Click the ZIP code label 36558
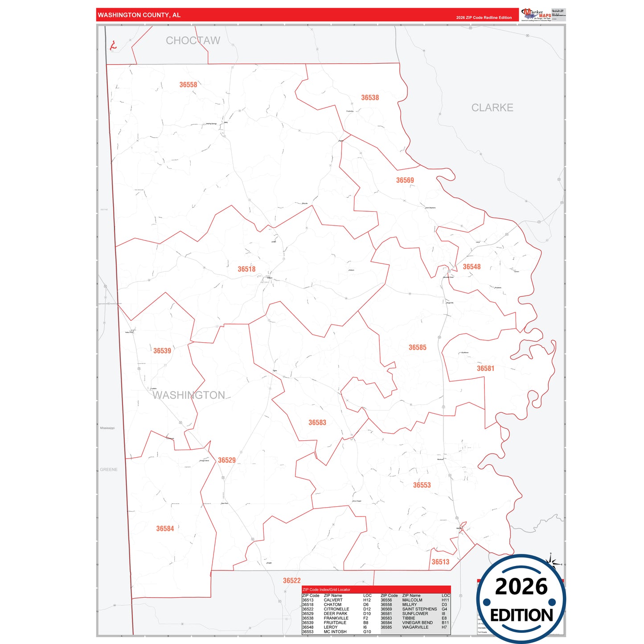click(188, 85)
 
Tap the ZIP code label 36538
click(370, 98)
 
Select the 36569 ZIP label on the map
click(405, 180)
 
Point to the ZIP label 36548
click(472, 267)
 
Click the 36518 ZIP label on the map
click(246, 269)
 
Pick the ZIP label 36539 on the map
click(162, 351)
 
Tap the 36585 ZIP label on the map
click(418, 347)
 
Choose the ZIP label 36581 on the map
click(485, 368)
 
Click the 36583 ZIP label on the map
click(317, 422)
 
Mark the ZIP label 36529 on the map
click(227, 460)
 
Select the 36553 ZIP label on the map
click(422, 485)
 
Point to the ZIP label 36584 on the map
click(165, 528)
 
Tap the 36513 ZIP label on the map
click(440, 562)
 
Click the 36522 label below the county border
click(292, 580)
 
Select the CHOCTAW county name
click(193, 41)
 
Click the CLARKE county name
click(492, 107)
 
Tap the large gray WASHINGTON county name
click(189, 395)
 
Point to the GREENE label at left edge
click(109, 469)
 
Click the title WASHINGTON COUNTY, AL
click(139, 15)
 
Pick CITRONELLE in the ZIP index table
click(336, 609)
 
